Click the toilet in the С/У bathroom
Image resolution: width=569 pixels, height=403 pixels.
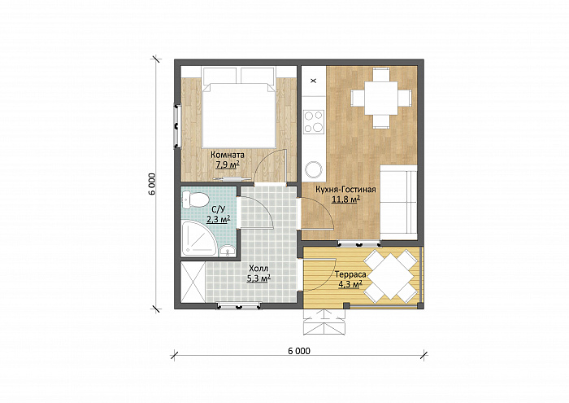point(195,199)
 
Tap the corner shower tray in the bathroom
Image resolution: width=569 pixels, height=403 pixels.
point(198,238)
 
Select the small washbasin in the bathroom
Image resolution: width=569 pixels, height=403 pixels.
point(228,251)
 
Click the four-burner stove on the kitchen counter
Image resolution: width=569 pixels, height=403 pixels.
point(314,121)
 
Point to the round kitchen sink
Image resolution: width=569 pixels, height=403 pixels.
point(314,169)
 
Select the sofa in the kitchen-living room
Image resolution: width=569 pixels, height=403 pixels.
point(398,203)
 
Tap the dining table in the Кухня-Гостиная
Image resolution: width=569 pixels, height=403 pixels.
point(381,98)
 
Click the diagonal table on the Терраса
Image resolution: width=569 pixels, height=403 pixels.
point(390,277)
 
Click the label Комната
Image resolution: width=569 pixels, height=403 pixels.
point(228,155)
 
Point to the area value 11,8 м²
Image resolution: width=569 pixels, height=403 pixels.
point(345,199)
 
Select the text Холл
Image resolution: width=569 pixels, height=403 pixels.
point(258,269)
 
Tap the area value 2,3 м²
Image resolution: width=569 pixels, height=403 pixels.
point(219,219)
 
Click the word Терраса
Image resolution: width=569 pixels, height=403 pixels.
point(350,274)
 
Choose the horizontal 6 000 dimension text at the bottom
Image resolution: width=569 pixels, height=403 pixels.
point(299,351)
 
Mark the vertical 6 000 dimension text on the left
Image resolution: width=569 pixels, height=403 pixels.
point(152,183)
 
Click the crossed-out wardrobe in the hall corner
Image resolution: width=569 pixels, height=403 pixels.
point(193,282)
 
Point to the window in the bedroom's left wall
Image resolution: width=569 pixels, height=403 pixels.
point(177,125)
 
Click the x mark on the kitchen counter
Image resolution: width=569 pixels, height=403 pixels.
point(314,81)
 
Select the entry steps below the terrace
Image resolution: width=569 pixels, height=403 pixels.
point(324,322)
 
